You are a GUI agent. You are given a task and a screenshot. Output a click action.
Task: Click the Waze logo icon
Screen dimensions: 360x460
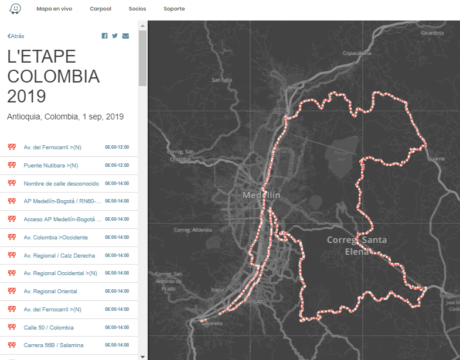pyautogui.click(x=16, y=9)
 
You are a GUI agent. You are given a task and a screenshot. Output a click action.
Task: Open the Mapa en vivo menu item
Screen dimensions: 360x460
pyautogui.click(x=54, y=9)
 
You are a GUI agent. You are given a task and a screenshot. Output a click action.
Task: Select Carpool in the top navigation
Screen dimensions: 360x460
pyautogui.click(x=100, y=9)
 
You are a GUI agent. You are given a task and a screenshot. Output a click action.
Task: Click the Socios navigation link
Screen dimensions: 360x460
pyautogui.click(x=137, y=9)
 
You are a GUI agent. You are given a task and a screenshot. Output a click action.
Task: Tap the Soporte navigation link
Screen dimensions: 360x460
pyautogui.click(x=174, y=9)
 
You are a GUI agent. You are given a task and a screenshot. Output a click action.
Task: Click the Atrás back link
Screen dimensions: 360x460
pyautogui.click(x=16, y=36)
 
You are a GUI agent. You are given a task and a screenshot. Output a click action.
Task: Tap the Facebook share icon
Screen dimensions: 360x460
pyautogui.click(x=105, y=36)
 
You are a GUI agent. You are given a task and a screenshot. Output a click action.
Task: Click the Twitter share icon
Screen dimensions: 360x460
pyautogui.click(x=115, y=36)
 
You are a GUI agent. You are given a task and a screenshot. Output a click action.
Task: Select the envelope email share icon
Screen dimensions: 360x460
pyautogui.click(x=125, y=36)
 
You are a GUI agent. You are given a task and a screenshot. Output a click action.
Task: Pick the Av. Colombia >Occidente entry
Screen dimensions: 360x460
pyautogui.click(x=56, y=237)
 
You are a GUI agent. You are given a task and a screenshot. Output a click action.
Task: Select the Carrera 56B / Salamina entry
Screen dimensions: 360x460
pyautogui.click(x=53, y=345)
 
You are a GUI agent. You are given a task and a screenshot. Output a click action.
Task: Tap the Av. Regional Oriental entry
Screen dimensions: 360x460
pyautogui.click(x=50, y=291)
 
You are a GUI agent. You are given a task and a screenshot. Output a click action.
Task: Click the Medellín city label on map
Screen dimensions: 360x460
pyautogui.click(x=262, y=195)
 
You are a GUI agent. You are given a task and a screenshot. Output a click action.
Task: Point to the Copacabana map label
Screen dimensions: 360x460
pyautogui.click(x=356, y=53)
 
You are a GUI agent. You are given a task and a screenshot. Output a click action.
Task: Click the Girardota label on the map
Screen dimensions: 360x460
pyautogui.click(x=432, y=33)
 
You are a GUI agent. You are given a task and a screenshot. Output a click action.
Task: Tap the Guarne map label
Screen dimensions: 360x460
pyautogui.click(x=436, y=159)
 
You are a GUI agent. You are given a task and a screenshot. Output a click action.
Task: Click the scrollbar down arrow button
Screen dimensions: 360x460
pyautogui.click(x=142, y=356)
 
